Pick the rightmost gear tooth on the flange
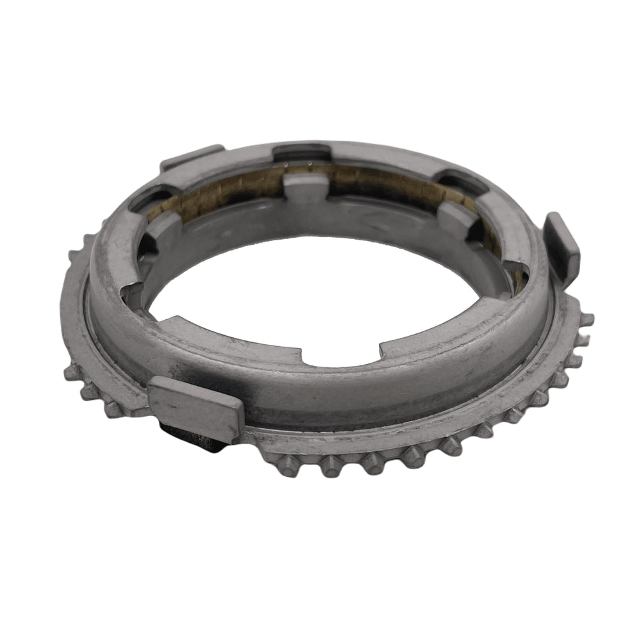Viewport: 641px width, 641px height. [x=585, y=319]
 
